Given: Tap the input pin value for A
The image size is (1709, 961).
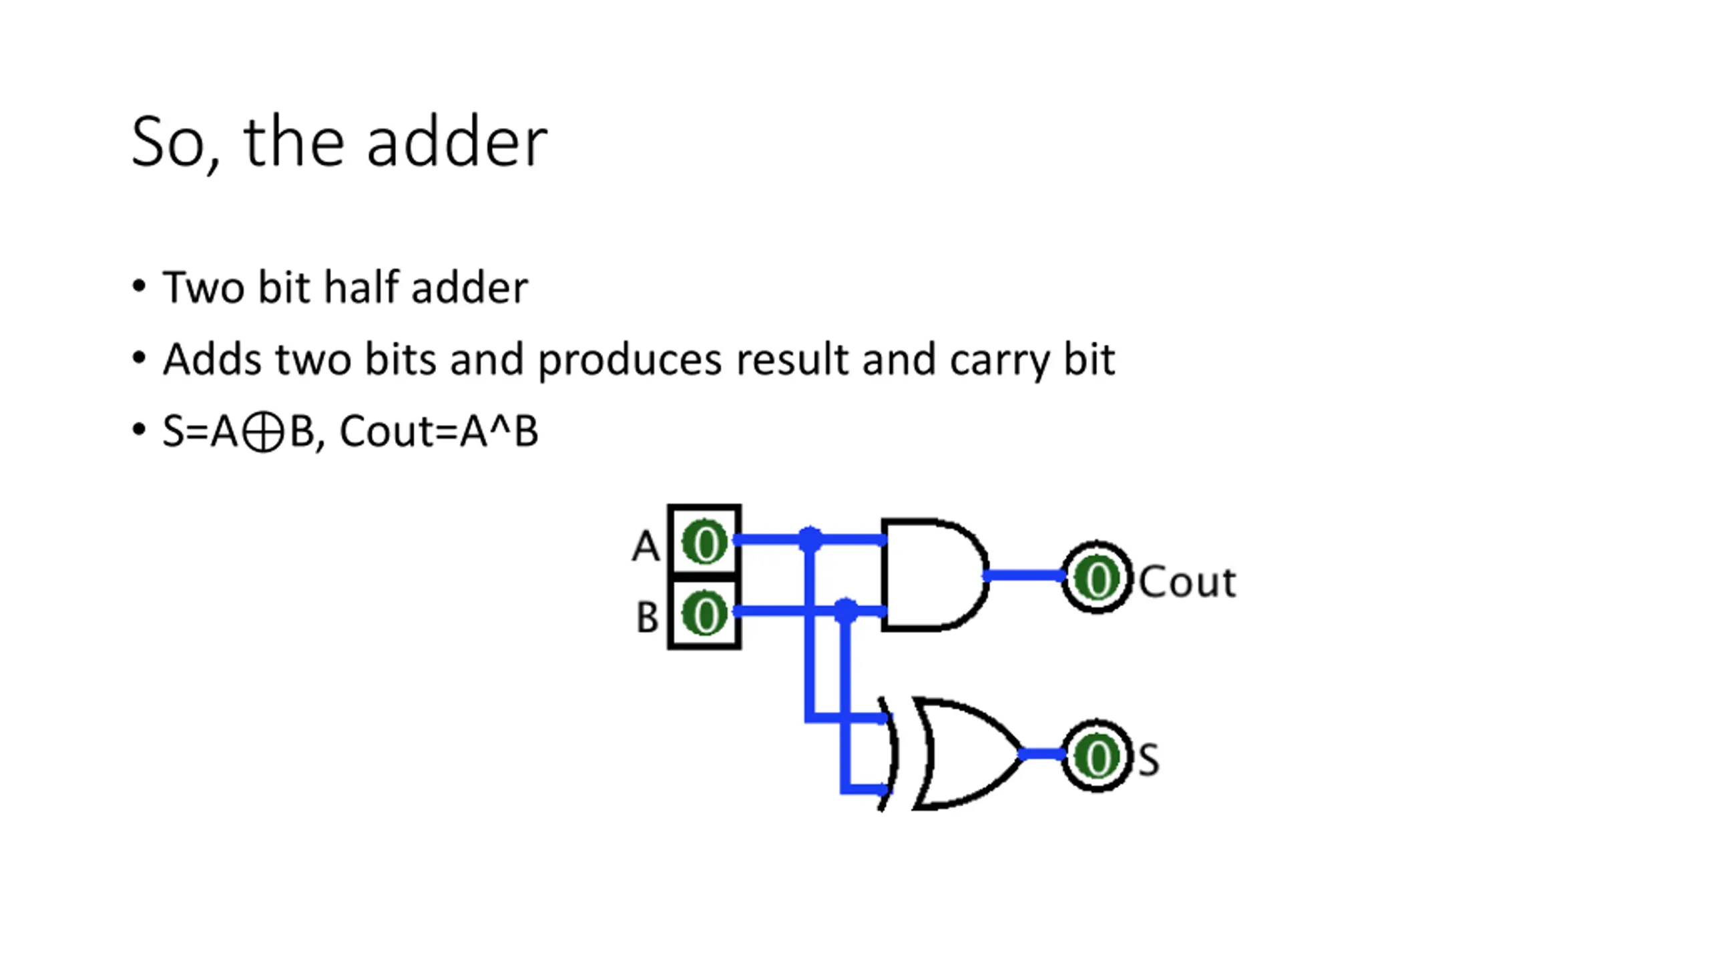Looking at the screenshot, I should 705,543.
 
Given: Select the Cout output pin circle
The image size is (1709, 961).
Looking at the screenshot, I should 1097,577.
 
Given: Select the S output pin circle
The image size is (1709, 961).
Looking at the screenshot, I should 1097,756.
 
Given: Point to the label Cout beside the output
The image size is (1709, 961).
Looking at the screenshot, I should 1187,582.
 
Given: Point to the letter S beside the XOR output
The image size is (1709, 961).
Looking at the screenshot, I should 1148,759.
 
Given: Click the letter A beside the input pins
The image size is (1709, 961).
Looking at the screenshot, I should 646,547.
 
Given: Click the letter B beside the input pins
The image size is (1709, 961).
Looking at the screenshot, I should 647,617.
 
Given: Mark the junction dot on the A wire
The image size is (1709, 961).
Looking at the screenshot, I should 810,539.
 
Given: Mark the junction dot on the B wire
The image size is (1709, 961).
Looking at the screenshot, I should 846,610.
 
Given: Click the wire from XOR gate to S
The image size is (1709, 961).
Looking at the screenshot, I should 1041,755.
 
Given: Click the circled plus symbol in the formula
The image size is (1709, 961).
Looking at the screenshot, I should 262,432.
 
